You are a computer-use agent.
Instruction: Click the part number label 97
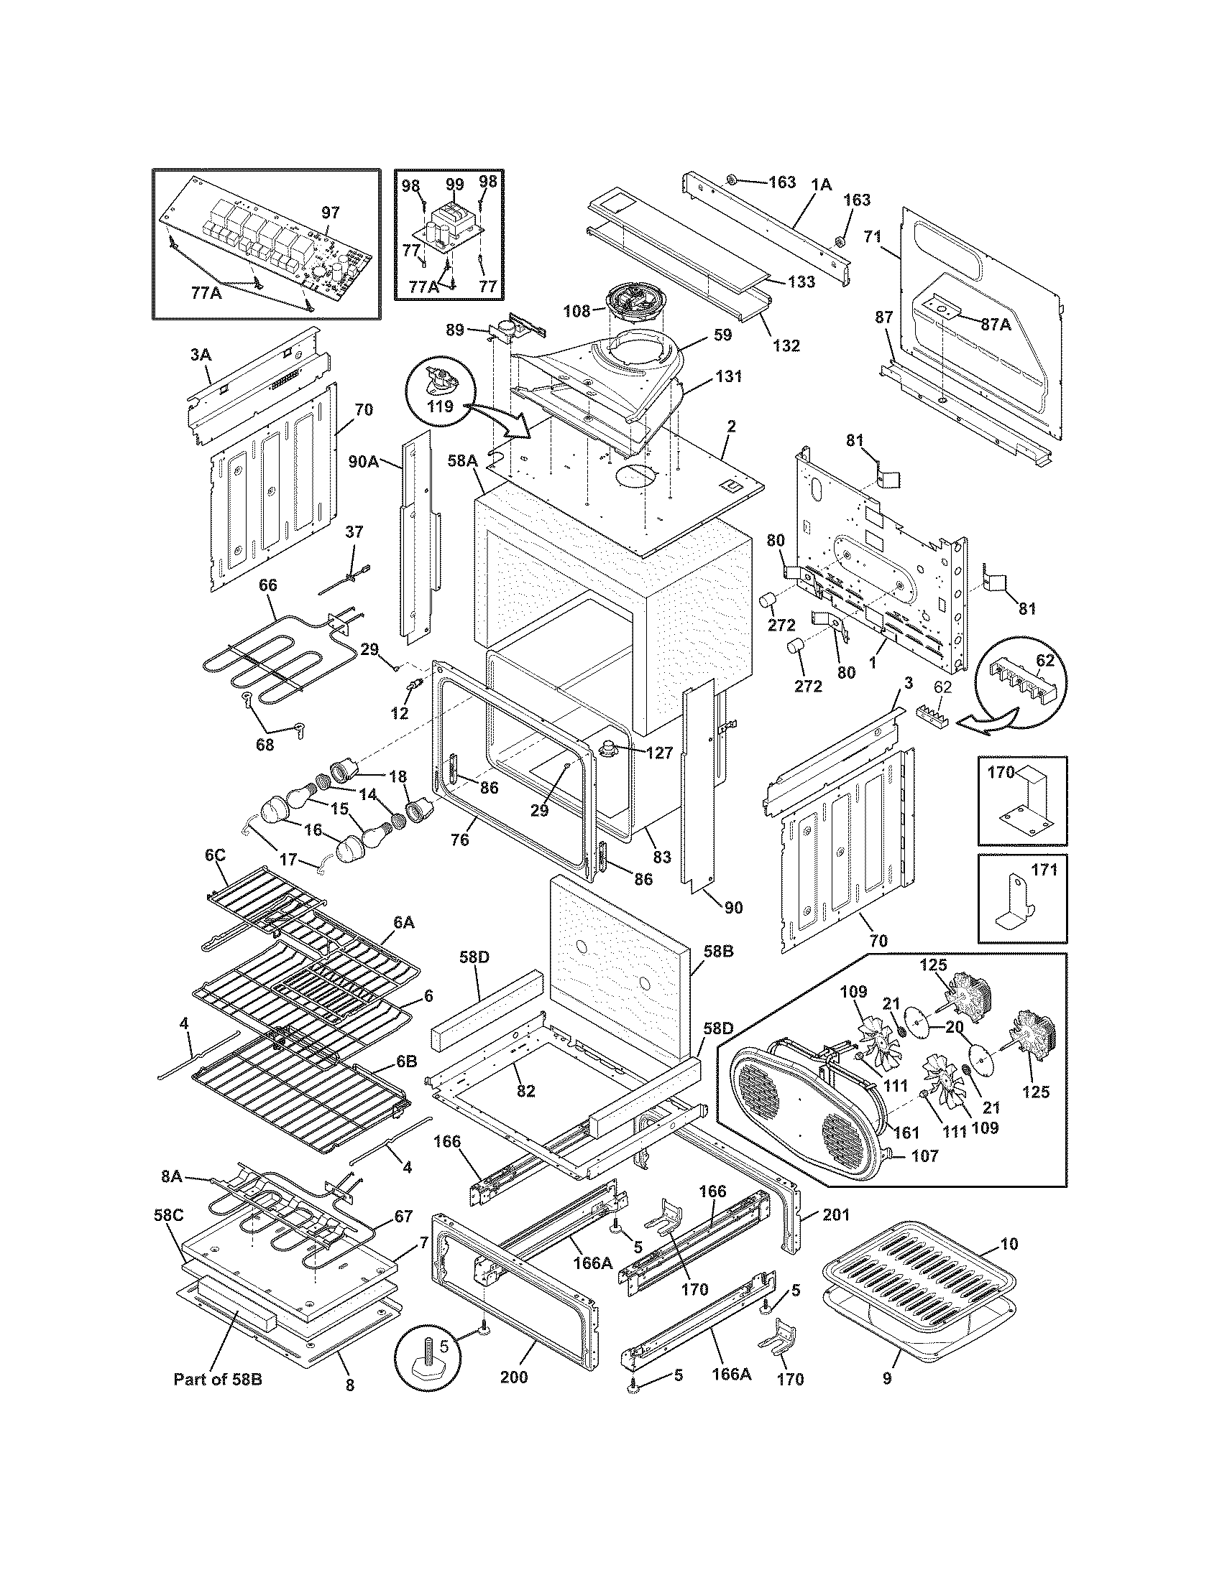click(x=330, y=213)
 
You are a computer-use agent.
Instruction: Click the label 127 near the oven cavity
click(x=658, y=753)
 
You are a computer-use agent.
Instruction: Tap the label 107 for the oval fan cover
click(x=924, y=1156)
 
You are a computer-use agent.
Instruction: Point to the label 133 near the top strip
click(x=801, y=282)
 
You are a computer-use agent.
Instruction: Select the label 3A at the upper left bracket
click(x=201, y=355)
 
